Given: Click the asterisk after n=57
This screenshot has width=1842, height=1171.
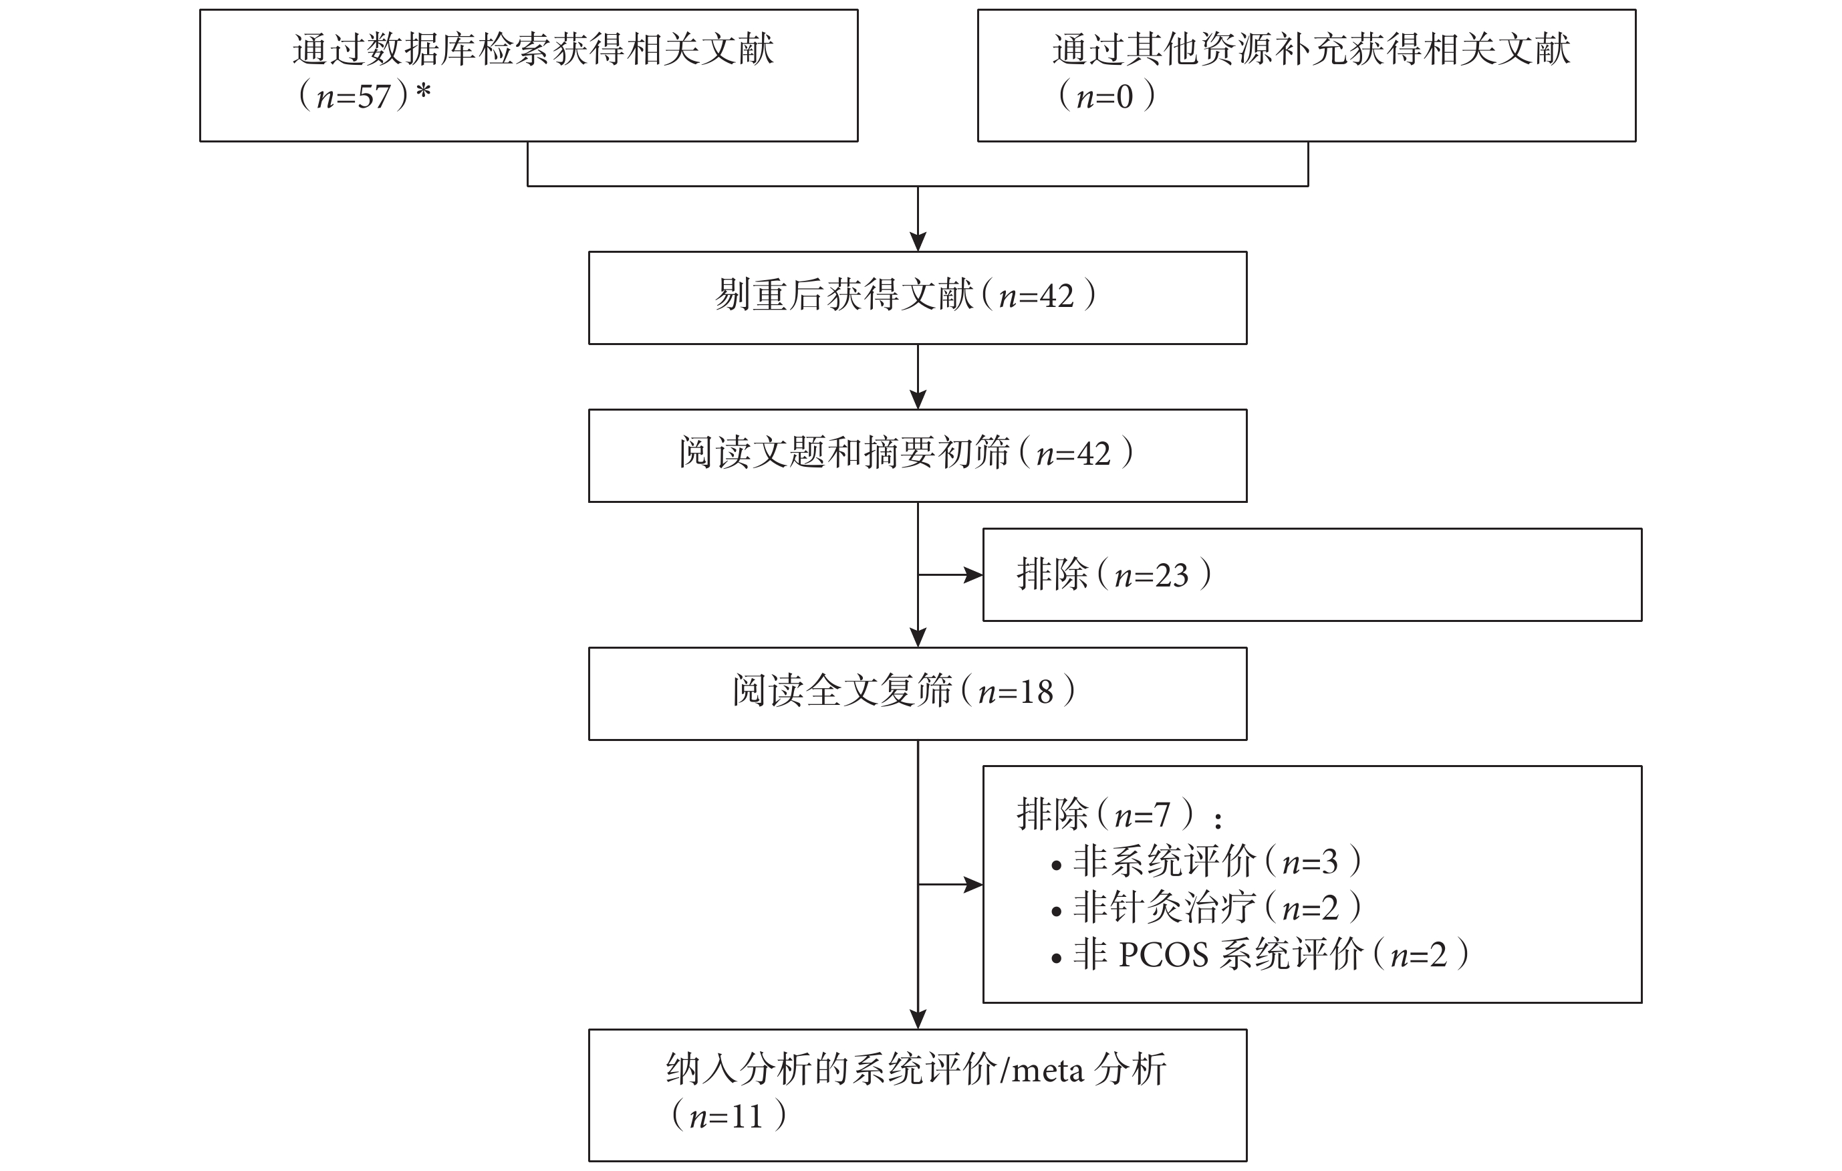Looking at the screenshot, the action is click(423, 92).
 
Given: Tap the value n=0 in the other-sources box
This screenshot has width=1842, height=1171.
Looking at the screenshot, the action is click(1105, 97).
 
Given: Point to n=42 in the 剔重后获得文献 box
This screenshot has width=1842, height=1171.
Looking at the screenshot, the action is click(1037, 296).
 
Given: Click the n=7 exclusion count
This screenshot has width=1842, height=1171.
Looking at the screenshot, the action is click(1143, 816).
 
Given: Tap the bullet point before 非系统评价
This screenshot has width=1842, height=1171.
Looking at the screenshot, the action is click(1057, 865).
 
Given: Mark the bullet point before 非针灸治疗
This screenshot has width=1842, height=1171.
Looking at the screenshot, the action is click(1057, 912).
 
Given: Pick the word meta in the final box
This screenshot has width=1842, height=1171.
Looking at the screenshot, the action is click(1048, 1071).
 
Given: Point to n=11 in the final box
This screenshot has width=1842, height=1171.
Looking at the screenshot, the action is click(726, 1117).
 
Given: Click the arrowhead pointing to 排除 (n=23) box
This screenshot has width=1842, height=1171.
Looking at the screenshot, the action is click(973, 574).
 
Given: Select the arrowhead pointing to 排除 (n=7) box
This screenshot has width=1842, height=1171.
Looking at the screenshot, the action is click(973, 885).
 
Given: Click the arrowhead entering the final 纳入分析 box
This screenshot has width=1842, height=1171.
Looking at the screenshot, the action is click(918, 1019).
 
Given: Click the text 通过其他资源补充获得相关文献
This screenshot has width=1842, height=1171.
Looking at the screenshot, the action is click(1311, 49).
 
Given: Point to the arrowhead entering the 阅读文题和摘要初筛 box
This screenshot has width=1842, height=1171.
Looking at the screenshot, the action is click(918, 399).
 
